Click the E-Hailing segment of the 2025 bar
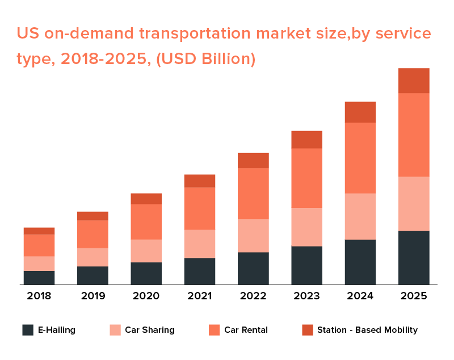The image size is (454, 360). pos(414,257)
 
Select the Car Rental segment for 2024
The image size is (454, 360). pos(360,158)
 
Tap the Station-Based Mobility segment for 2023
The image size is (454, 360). pos(307,139)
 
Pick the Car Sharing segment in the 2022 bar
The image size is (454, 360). pos(253,236)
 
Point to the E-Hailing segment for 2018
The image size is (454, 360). pos(39,278)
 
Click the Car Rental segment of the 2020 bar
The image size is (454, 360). pos(146,222)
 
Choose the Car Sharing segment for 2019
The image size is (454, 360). pos(93,257)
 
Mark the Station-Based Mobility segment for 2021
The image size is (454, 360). pos(200,181)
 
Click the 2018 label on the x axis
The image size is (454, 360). pos(39,296)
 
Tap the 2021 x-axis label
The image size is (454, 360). pos(200,296)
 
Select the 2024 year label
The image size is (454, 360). pos(360,296)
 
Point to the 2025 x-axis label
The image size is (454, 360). pos(414,296)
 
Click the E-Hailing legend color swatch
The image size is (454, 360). pos(28,330)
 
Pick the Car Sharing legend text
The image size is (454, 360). pos(150,330)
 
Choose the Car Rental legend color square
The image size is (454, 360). pos(214,330)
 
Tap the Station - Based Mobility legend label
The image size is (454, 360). pos(367,330)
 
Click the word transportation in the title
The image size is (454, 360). pos(191,34)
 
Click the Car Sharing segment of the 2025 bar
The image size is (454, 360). pos(414,204)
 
